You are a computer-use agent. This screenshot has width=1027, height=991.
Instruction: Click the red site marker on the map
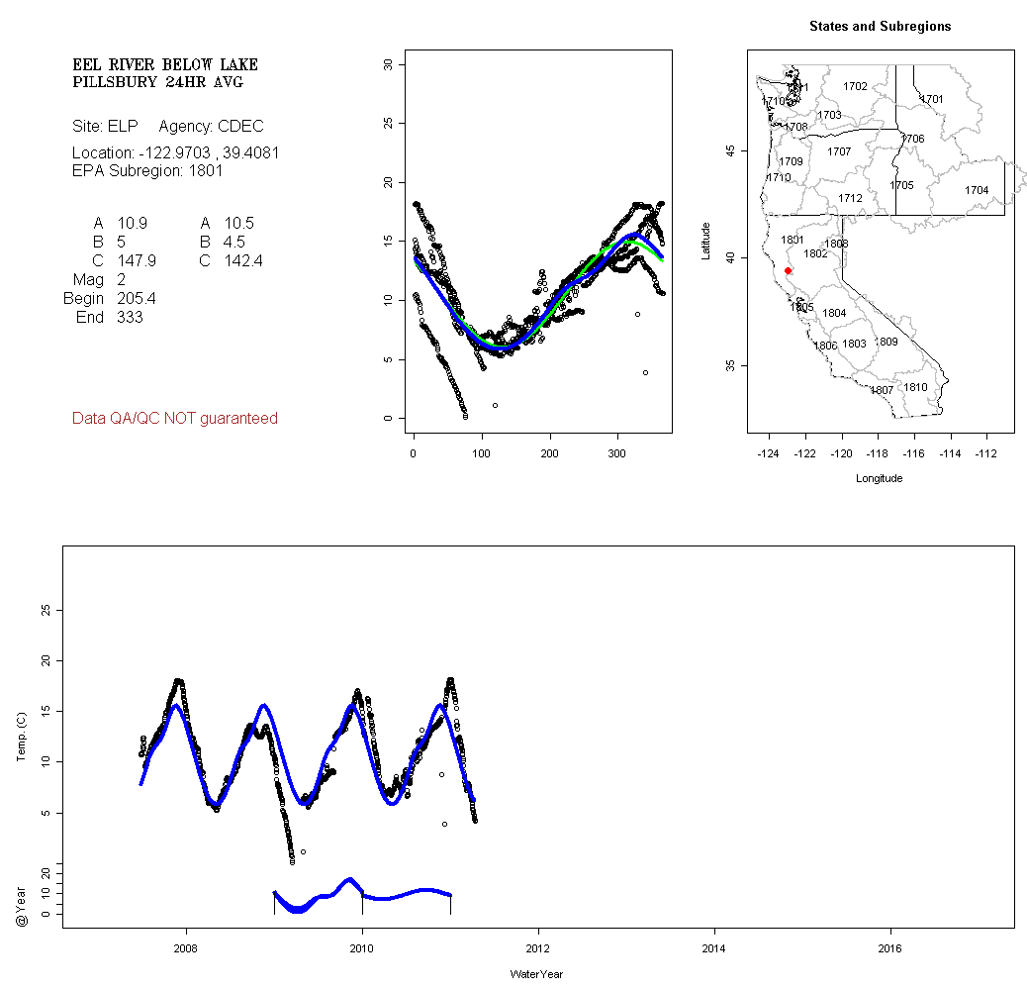tap(788, 270)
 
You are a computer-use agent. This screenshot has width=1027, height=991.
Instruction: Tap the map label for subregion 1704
tap(977, 190)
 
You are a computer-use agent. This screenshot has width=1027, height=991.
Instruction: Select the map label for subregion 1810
tap(916, 387)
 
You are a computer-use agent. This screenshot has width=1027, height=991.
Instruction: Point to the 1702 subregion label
tap(855, 87)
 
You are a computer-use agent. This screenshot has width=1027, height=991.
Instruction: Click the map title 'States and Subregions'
tap(880, 27)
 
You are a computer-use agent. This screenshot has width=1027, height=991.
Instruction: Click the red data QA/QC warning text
tap(175, 419)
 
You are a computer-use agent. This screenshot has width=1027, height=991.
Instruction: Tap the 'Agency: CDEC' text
tap(211, 127)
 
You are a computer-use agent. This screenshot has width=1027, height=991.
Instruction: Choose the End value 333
tap(130, 317)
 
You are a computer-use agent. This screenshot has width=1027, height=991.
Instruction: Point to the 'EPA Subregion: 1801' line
tap(147, 170)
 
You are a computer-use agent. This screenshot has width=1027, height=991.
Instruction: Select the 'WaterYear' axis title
tap(536, 975)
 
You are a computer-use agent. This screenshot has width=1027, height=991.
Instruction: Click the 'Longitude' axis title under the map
tap(879, 478)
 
